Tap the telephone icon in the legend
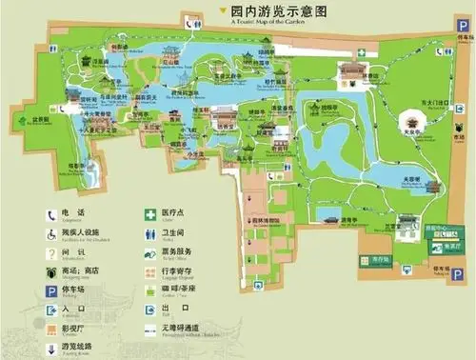pos(50,215)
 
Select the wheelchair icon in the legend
pos(50,233)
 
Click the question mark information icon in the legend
pos(50,252)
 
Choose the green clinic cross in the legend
pos(149,215)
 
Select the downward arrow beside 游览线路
pos(50,345)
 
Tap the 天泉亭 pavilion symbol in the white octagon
pos(411,122)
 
